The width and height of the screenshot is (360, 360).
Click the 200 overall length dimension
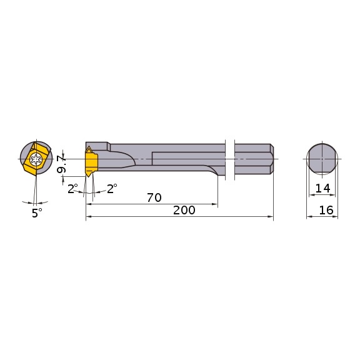point(184,211)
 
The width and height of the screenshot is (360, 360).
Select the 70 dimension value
point(154,197)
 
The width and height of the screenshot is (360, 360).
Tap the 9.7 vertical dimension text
point(62,163)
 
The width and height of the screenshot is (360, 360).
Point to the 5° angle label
point(37,212)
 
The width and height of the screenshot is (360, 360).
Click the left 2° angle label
point(72,188)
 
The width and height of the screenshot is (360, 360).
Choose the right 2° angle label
point(112,188)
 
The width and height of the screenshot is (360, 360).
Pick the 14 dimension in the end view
point(322,188)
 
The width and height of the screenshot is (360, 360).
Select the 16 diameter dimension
point(326,211)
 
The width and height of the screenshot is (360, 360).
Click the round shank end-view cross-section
point(322,159)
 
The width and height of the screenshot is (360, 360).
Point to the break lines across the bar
point(229,159)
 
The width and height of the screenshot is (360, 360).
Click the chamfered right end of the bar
point(271,159)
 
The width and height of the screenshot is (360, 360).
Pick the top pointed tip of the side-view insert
point(89,148)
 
